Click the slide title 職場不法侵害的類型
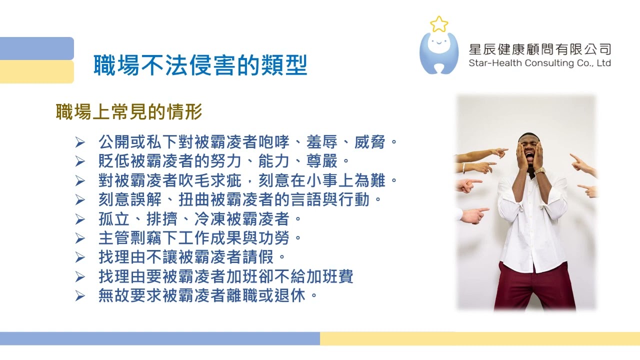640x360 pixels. click(x=200, y=65)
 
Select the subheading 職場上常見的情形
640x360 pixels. click(x=129, y=112)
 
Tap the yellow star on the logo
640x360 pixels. click(x=438, y=24)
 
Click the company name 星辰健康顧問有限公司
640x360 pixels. click(x=539, y=49)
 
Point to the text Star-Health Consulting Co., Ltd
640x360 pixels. click(x=539, y=63)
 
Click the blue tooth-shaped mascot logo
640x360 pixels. click(x=438, y=53)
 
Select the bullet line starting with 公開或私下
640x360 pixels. click(x=248, y=142)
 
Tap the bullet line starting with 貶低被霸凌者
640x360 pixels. click(x=223, y=161)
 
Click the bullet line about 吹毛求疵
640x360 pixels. click(x=248, y=180)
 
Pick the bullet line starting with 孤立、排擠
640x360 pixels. click(x=200, y=219)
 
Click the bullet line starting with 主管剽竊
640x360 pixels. click(x=200, y=238)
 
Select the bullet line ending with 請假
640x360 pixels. click(x=192, y=257)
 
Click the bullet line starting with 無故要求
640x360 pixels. click(x=208, y=295)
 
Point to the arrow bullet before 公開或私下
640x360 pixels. click(x=80, y=142)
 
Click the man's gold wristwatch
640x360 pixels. click(x=539, y=171)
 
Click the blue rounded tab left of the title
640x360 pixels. click(x=36, y=48)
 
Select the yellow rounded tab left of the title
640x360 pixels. click(x=36, y=71)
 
